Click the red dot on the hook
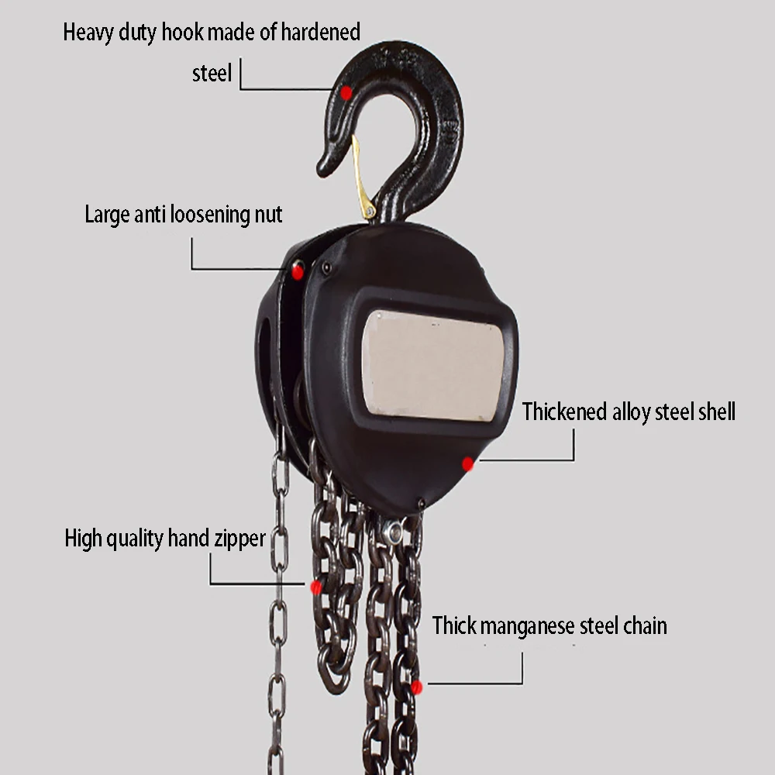[346, 92]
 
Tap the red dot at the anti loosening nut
[298, 270]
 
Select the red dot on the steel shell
[467, 463]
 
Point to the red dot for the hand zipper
[316, 587]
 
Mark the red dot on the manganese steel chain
[417, 687]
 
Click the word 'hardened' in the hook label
[321, 33]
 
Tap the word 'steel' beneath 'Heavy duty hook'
[212, 74]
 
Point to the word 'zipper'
[237, 538]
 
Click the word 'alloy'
[632, 412]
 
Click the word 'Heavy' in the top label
[87, 33]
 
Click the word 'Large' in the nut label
[107, 215]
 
